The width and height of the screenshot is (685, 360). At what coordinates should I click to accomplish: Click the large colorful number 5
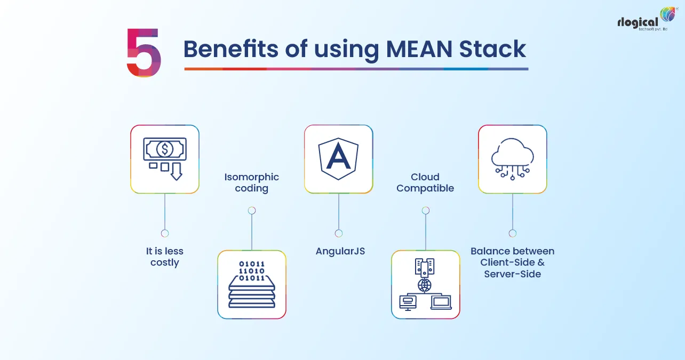pyautogui.click(x=144, y=52)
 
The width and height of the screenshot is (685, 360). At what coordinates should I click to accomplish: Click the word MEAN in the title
pyautogui.click(x=412, y=49)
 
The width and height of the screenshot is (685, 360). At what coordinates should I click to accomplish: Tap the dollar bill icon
pyautogui.click(x=164, y=149)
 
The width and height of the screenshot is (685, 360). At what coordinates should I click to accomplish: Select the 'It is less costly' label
pyautogui.click(x=164, y=257)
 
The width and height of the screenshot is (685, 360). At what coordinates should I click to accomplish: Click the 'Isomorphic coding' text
pyautogui.click(x=251, y=182)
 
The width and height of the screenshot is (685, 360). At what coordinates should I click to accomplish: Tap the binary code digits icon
pyautogui.click(x=252, y=271)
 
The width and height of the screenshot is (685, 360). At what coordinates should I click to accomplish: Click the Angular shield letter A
pyautogui.click(x=338, y=158)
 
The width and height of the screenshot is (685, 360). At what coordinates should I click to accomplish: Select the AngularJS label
pyautogui.click(x=340, y=251)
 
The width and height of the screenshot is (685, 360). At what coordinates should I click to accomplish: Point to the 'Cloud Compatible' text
pyautogui.click(x=425, y=182)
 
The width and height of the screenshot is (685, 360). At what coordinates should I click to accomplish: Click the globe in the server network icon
pyautogui.click(x=425, y=285)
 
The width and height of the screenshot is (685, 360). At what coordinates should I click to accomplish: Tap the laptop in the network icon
pyautogui.click(x=441, y=303)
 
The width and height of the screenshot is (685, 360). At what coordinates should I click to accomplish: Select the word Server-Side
pyautogui.click(x=513, y=274)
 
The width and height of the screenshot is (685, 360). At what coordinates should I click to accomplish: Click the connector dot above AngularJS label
pyautogui.click(x=339, y=233)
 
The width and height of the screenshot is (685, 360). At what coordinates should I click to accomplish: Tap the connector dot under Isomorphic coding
pyautogui.click(x=252, y=210)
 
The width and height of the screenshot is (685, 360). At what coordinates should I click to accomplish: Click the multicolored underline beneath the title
pyautogui.click(x=356, y=69)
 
